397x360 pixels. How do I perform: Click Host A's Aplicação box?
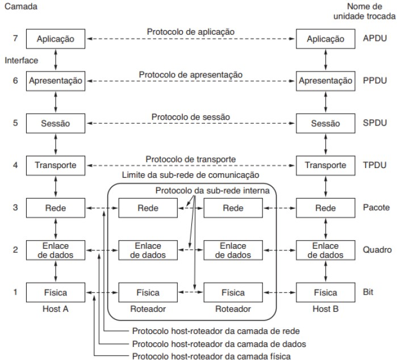tap(55, 39)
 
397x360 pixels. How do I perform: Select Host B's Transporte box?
tap(325, 165)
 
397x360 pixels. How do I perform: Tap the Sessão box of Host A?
tap(55, 123)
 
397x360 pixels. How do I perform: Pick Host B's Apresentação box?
tap(325, 81)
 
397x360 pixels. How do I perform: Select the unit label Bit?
tap(367, 292)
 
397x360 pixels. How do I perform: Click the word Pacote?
tap(375, 208)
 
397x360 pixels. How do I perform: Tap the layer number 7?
tap(15, 39)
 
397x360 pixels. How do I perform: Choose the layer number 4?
tap(15, 165)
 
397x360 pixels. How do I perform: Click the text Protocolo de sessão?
tap(190, 116)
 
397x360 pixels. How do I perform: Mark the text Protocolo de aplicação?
tap(190, 32)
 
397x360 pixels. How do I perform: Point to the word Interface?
tap(20, 59)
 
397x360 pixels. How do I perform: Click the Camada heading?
tap(19, 7)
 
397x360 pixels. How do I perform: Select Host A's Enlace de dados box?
tap(55, 250)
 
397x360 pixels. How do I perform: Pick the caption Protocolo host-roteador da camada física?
tap(211, 355)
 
